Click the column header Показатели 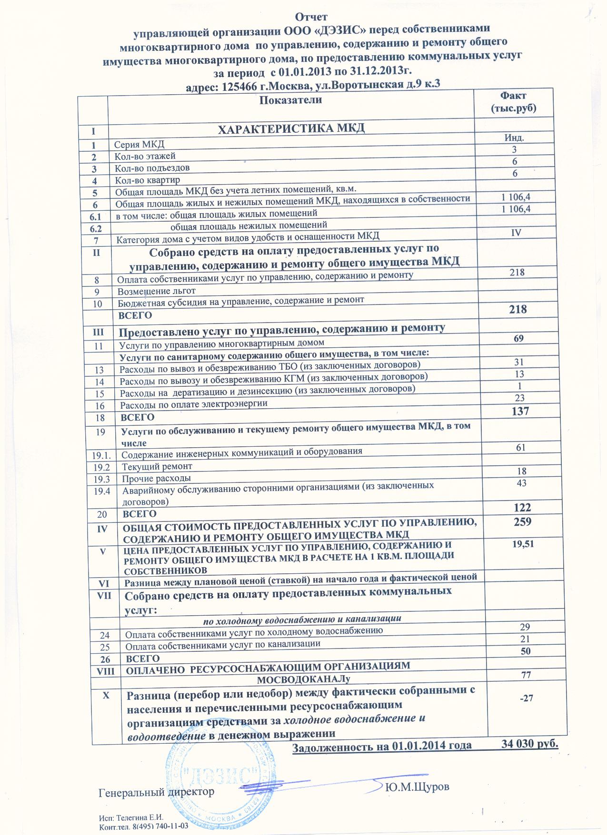click(291, 100)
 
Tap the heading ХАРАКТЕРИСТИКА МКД click(291, 129)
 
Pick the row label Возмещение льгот click(157, 291)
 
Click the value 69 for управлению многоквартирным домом click(518, 338)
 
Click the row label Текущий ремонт click(157, 466)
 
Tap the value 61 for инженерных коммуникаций click(521, 447)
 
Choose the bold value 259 click(522, 522)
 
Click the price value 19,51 click(522, 545)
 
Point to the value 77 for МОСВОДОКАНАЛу click(526, 674)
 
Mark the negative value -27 click(526, 698)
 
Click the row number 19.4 click(102, 491)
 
